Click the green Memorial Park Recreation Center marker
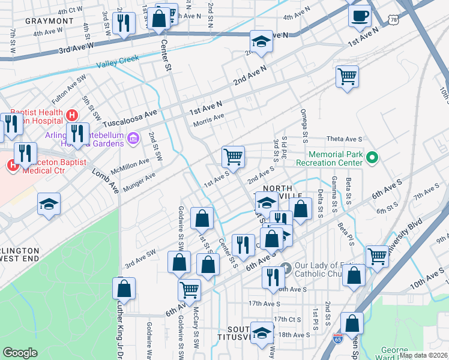(x=372, y=158)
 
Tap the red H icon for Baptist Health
(x=72, y=115)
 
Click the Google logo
(x=20, y=353)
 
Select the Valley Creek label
(x=118, y=59)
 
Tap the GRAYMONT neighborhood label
(x=49, y=21)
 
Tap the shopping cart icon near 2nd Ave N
(x=347, y=77)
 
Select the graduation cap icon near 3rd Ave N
(x=261, y=42)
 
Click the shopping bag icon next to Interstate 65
(x=352, y=323)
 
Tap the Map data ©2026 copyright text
(x=423, y=355)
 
